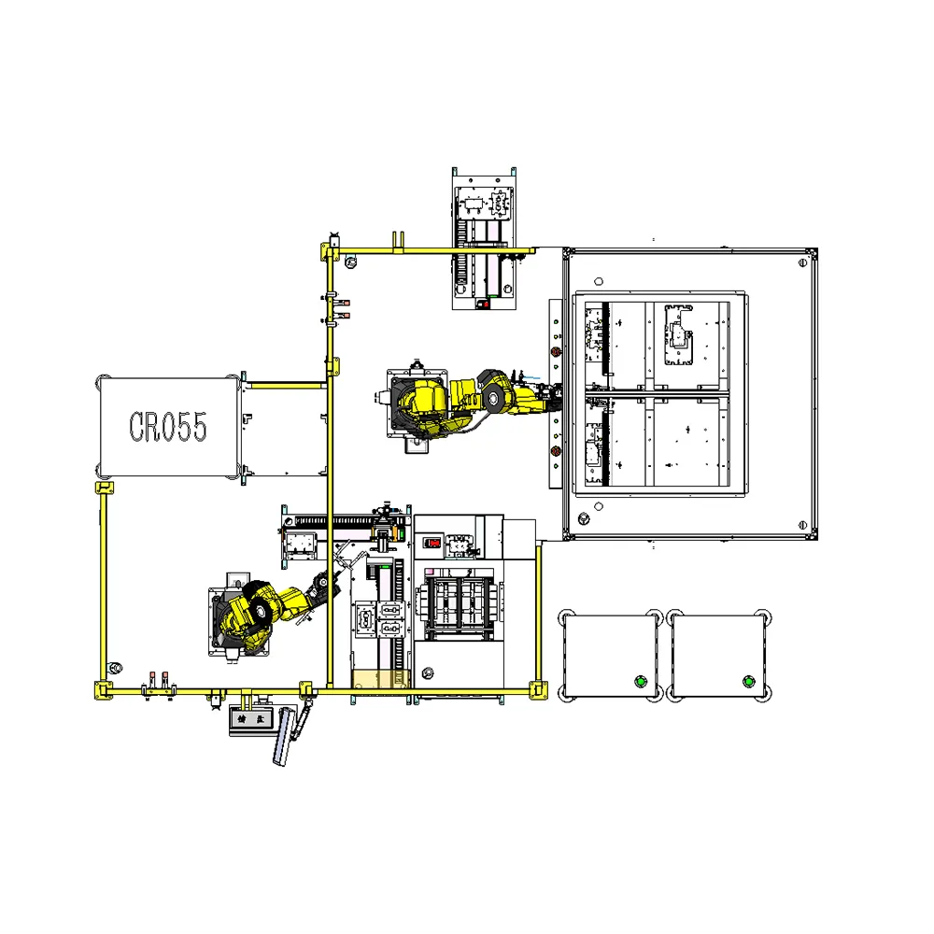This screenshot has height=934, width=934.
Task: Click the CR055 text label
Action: (x=168, y=426)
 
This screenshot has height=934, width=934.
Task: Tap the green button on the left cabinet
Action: (x=640, y=680)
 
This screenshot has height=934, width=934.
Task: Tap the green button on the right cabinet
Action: (x=747, y=680)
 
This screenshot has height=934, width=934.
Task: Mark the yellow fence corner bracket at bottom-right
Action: (x=537, y=691)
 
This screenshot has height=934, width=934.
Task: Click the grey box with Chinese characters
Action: (x=250, y=720)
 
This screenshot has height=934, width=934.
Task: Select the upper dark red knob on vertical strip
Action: (x=556, y=353)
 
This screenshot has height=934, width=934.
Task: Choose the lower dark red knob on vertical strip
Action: (x=556, y=452)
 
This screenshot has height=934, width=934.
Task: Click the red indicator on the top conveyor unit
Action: (x=484, y=304)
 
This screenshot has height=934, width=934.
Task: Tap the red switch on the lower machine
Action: (x=433, y=542)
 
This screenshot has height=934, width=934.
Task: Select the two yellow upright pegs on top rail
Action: (x=398, y=241)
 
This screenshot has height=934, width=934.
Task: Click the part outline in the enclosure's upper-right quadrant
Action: (x=679, y=333)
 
